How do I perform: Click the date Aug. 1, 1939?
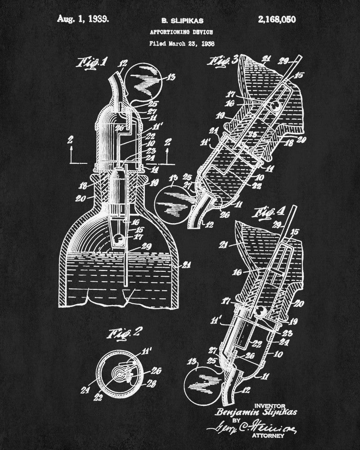coord(83,19)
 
